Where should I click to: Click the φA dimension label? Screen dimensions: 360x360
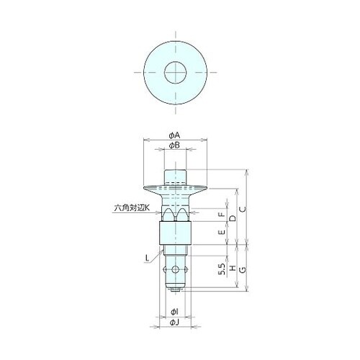coord(174,136)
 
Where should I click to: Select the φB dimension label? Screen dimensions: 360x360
coord(174,145)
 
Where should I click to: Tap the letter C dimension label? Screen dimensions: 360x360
coord(243,210)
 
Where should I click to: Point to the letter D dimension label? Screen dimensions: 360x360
coord(233,218)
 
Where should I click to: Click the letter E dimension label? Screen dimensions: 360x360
coord(222,232)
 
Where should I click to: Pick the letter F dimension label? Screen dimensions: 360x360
coord(222,215)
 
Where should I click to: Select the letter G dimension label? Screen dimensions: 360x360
coord(243,270)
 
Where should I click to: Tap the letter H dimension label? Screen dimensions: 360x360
coord(233,269)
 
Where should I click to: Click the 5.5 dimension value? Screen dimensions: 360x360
coord(222,269)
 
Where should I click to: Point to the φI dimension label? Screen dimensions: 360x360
coord(174,312)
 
